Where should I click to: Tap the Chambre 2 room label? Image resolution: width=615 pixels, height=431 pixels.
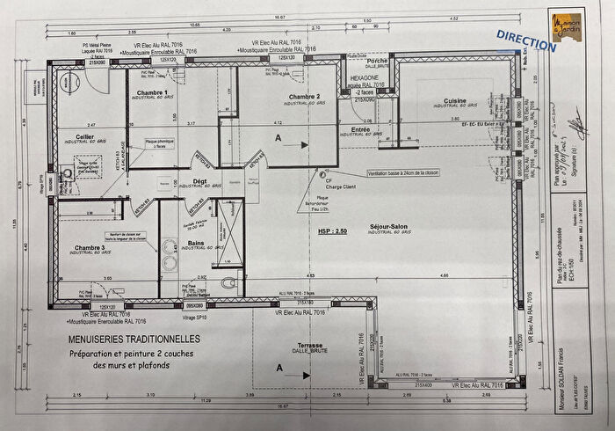(x=303, y=96)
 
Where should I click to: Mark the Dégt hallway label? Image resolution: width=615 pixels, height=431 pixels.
(x=200, y=181)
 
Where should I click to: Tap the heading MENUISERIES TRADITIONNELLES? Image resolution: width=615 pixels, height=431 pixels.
(x=134, y=339)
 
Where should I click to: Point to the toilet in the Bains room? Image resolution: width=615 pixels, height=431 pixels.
(x=229, y=282)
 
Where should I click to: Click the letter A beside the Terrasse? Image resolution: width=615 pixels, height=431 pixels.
(x=279, y=370)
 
